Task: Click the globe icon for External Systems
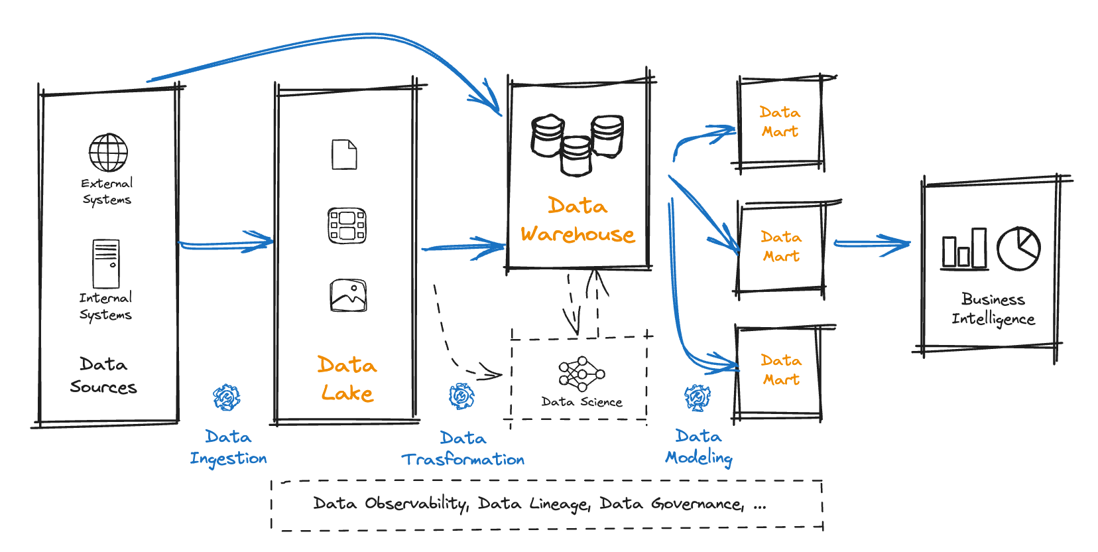109,153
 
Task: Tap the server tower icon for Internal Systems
106,263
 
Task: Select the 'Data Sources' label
103,376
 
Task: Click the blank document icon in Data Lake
344,155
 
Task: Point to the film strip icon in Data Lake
347,226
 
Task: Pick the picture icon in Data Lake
348,295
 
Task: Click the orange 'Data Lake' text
347,379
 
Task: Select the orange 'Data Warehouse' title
578,220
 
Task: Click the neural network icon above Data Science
581,374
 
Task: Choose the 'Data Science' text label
581,402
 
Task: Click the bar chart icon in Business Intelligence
965,249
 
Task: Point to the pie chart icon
1018,249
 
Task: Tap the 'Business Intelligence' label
993,309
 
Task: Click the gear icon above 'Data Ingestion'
227,397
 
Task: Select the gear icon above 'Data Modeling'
697,397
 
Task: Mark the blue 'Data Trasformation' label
463,448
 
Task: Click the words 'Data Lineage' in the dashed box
533,504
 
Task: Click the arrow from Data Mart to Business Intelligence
871,244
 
